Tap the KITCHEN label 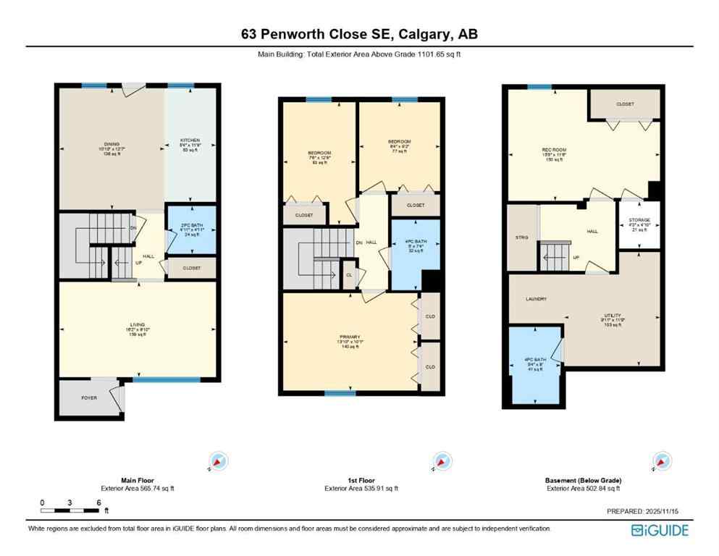click(x=190, y=140)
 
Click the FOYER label click(x=88, y=397)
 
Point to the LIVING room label click(x=138, y=324)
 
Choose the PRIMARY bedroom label click(x=349, y=337)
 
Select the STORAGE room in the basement click(x=639, y=220)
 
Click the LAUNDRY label click(x=537, y=298)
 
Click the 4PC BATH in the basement click(x=534, y=361)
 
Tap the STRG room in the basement click(x=521, y=237)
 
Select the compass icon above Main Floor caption click(x=218, y=460)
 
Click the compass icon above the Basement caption click(x=660, y=460)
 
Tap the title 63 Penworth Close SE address click(x=359, y=34)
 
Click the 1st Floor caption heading click(x=361, y=479)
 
